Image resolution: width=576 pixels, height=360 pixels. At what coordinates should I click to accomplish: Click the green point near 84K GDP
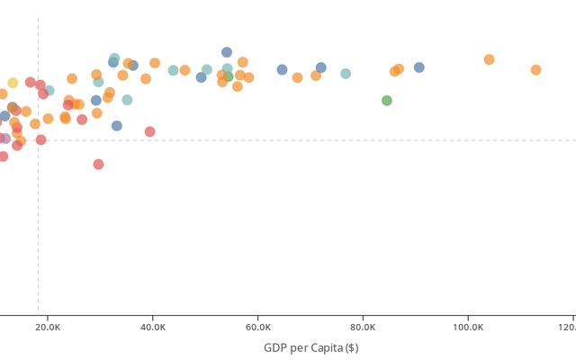coord(387,101)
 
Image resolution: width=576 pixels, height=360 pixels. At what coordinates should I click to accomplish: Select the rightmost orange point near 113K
coord(535,70)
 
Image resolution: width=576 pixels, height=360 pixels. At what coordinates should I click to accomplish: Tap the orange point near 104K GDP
coord(490,59)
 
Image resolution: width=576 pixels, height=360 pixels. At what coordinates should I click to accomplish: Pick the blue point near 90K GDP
coord(419,67)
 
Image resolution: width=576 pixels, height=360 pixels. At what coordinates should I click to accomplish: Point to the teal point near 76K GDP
coord(346,74)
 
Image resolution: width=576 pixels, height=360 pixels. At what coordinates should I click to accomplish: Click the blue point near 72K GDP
coord(321,67)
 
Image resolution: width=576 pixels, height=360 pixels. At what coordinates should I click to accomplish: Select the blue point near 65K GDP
coord(282,69)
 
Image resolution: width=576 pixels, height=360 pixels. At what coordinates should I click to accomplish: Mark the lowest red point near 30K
coord(99,165)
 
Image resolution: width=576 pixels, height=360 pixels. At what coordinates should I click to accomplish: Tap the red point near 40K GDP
coord(150,131)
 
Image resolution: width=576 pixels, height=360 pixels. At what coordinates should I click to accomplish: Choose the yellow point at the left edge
coord(13,83)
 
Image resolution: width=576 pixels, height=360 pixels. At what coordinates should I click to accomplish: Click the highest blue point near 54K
coord(227,52)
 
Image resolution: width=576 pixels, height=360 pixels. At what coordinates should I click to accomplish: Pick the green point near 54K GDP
coord(229,76)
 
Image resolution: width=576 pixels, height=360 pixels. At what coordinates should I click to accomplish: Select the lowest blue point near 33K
coord(117,126)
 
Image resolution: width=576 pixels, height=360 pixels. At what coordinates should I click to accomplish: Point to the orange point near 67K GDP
coord(298,77)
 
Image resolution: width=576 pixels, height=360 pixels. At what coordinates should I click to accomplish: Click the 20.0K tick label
coord(48,328)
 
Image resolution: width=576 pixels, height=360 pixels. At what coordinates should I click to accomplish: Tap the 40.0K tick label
coord(153,328)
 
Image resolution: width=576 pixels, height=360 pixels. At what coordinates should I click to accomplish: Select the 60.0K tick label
coord(258,328)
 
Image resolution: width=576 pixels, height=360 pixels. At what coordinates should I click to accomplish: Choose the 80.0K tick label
coord(363,328)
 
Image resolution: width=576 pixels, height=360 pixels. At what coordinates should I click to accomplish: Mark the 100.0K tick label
coord(467,328)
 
